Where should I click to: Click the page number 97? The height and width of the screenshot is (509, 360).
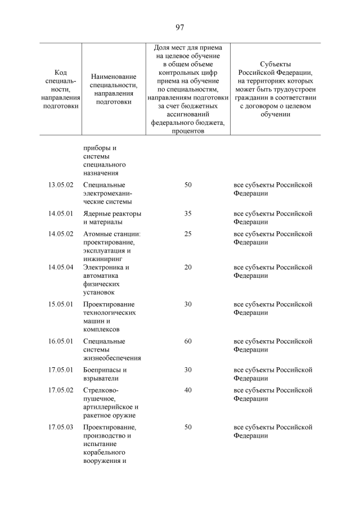point(180,27)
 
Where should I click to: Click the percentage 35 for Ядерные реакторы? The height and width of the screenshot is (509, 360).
point(188,214)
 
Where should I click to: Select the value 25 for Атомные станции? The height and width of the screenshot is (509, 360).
point(188,234)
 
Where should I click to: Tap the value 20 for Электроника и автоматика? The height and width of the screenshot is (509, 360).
point(188,267)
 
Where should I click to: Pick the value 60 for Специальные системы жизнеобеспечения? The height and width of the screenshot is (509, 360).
point(188,341)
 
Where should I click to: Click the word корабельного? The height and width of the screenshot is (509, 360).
point(103,452)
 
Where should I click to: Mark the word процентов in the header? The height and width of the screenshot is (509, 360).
point(188,130)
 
